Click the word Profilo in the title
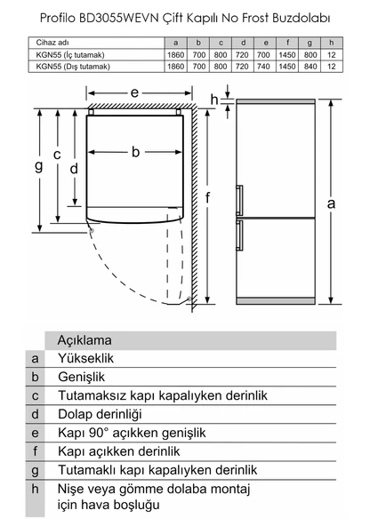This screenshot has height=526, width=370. coord(58,18)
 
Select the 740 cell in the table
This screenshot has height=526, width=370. coord(263,67)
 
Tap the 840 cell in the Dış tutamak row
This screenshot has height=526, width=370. coord(310,67)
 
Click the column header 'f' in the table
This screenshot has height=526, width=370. coord(287,43)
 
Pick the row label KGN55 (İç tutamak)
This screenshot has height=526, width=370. coord(70,55)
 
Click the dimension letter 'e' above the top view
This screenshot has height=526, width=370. coord(134,92)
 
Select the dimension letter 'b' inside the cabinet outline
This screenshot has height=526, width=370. coord(135,152)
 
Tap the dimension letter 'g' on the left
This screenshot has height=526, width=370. coord(39,165)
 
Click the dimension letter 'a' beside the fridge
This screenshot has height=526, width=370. coord(331,203)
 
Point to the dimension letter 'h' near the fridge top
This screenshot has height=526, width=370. coord(214,100)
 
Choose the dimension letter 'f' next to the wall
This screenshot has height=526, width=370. coord(207,197)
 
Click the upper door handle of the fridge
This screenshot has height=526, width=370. coord(239,200)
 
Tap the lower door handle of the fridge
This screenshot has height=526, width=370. coord(239,235)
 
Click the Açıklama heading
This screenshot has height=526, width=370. coord(84,340)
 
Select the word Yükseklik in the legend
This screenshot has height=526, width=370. coord(86,358)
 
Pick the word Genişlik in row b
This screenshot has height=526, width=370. coord(82,377)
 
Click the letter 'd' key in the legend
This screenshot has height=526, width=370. coord(35,414)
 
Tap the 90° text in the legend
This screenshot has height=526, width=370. coord(99,433)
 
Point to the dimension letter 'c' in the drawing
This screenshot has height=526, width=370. coord(57,155)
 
